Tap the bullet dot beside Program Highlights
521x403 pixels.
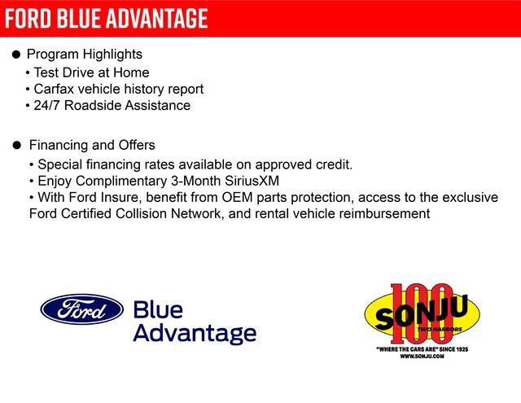coord(16,55)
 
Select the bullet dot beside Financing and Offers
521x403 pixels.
coord(16,146)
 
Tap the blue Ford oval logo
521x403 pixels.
coord(81,309)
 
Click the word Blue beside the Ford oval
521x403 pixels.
coord(158,309)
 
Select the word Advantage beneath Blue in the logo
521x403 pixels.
coord(194,332)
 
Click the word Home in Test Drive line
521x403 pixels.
coord(132,72)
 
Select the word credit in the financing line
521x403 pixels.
coord(332,164)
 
